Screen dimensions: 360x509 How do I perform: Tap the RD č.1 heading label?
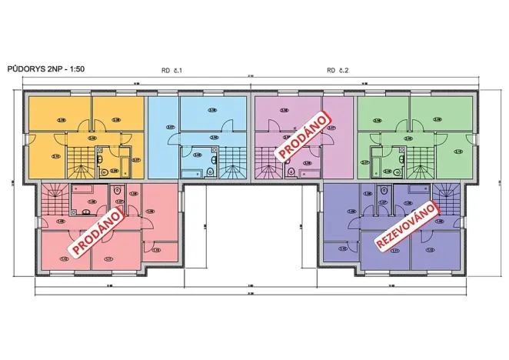tap(171, 70)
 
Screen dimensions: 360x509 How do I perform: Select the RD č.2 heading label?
tap(338, 70)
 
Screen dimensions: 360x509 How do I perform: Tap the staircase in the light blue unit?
tap(231, 162)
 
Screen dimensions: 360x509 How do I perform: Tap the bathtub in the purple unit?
tap(419, 188)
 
